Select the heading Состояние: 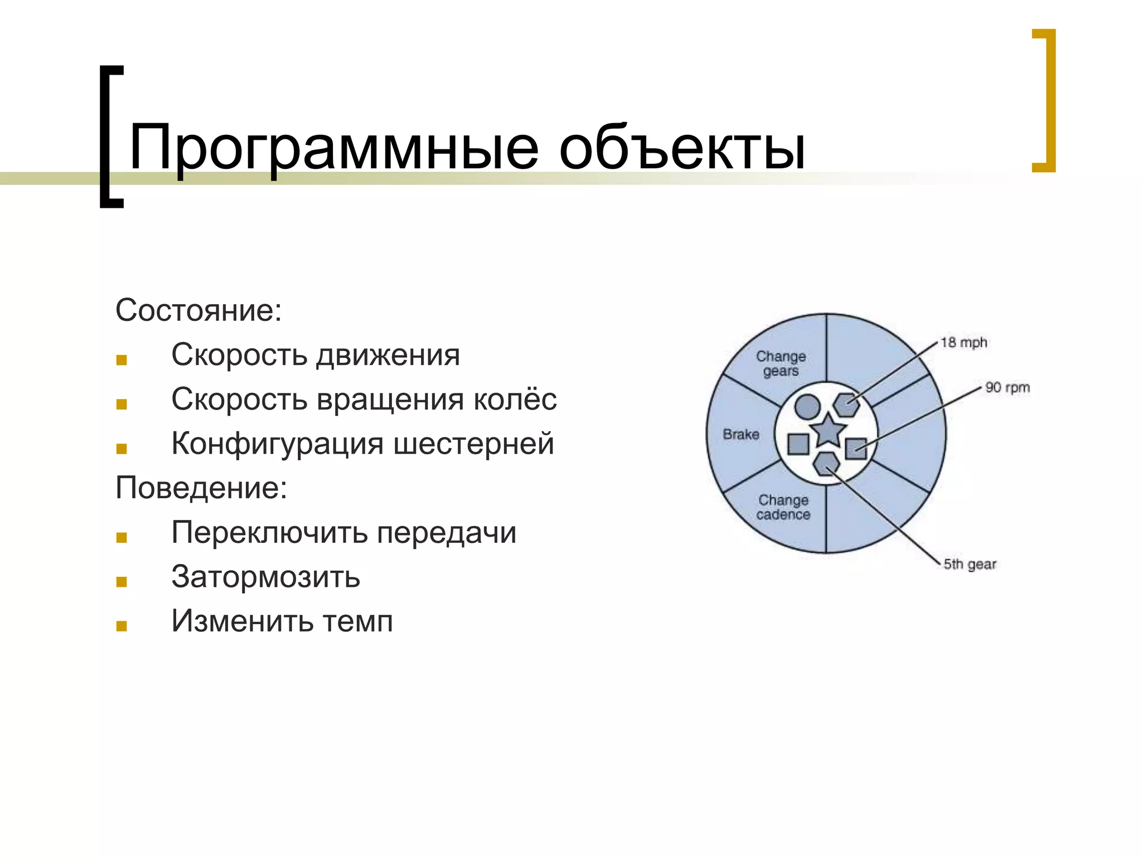[199, 310]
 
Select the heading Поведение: [201, 488]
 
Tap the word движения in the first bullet [388, 354]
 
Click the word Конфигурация [278, 444]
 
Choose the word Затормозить [266, 576]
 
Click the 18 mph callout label [964, 343]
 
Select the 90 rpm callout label [1007, 387]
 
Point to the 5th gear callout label [970, 565]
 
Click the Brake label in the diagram [741, 434]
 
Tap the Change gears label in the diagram [781, 363]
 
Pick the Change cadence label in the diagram [783, 507]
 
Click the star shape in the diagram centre [828, 431]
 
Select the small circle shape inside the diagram [807, 407]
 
